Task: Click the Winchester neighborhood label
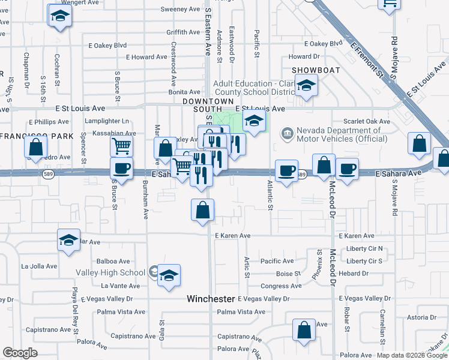pos(210,299)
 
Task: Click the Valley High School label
pos(110,272)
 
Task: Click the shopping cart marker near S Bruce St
pos(121,145)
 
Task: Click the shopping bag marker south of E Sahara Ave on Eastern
pos(202,210)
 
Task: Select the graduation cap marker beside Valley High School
pos(169,274)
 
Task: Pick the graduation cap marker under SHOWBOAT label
pos(306,87)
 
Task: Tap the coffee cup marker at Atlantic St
pos(286,170)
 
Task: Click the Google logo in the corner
pos(20,353)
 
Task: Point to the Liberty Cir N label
pos(364,248)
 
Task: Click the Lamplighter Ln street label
pos(107,121)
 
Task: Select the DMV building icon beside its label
pos(288,131)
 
